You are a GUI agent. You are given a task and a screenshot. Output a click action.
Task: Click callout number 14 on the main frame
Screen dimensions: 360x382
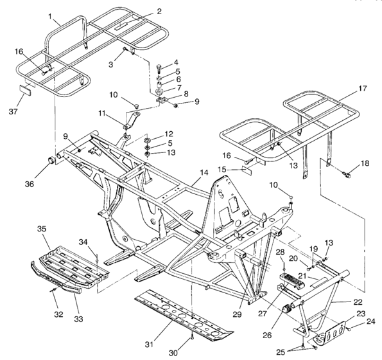204,173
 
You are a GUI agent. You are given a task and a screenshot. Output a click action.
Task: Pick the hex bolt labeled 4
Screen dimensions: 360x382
158,67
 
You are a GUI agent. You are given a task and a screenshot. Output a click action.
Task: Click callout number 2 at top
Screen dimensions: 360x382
159,11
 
